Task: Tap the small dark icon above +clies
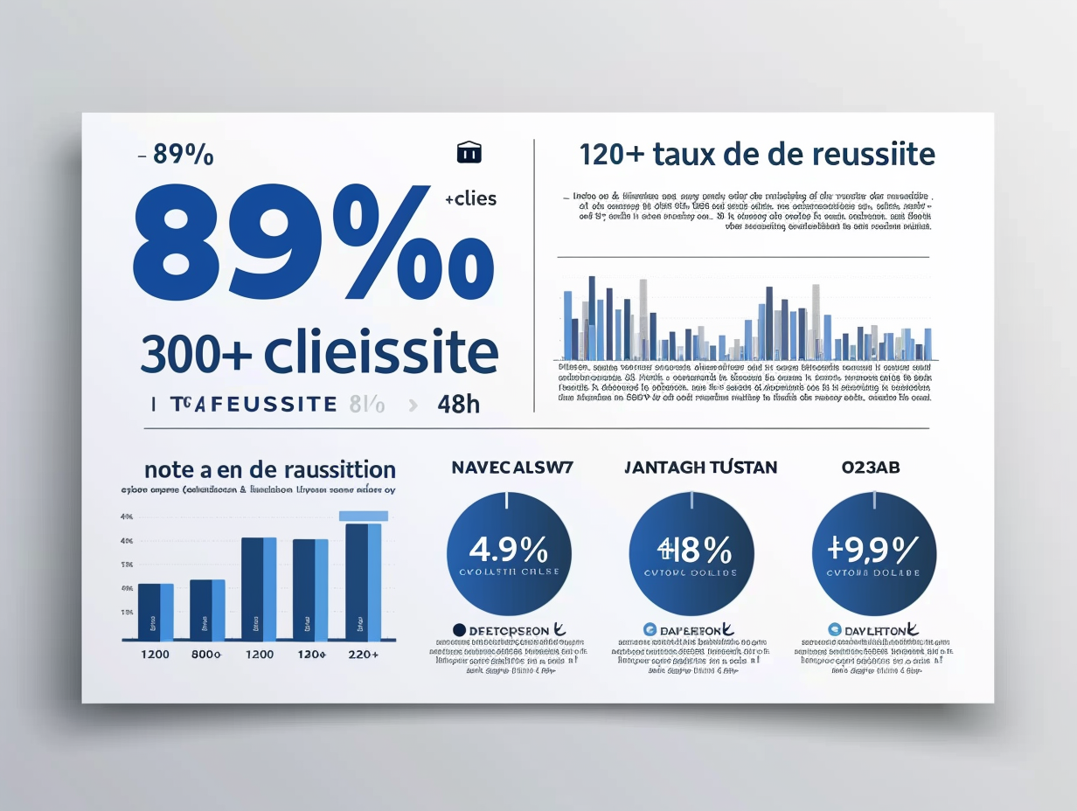click(x=469, y=152)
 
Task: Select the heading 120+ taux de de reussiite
click(x=756, y=155)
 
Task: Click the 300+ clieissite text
click(x=319, y=353)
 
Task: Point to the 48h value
click(x=459, y=404)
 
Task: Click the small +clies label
click(x=470, y=199)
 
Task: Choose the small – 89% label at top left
click(x=176, y=155)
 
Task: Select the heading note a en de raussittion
click(x=270, y=469)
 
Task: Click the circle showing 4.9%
click(x=509, y=553)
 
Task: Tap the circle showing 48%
click(x=692, y=553)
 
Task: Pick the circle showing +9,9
click(x=874, y=553)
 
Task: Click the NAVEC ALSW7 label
click(x=512, y=468)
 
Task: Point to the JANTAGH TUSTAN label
click(x=700, y=468)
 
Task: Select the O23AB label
click(x=871, y=468)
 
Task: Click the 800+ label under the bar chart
click(x=206, y=654)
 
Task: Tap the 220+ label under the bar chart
click(x=363, y=654)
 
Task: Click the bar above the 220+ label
click(x=363, y=580)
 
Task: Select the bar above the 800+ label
click(x=207, y=609)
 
